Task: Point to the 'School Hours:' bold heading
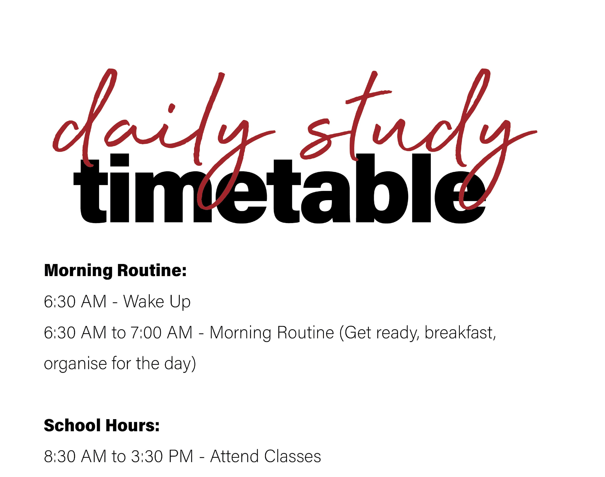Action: click(102, 425)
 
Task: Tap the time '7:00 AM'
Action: click(162, 333)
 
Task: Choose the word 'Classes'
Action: click(293, 456)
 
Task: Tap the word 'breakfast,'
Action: click(460, 333)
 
